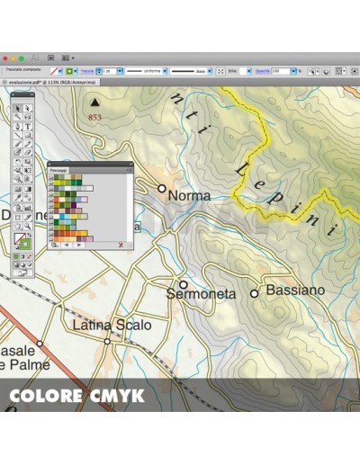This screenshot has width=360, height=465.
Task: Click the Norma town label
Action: [x=190, y=195]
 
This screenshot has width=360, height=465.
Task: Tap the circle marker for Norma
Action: [x=162, y=189]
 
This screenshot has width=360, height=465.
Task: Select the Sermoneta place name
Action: [x=201, y=294]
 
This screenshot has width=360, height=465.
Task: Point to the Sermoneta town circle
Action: [x=184, y=284]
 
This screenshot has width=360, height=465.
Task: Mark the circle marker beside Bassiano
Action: [x=255, y=293]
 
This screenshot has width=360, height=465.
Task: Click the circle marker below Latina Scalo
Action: [x=107, y=342]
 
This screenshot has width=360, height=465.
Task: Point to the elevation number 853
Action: [x=95, y=117]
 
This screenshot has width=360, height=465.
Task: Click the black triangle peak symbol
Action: [x=94, y=103]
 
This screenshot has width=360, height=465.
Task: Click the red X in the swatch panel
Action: [x=121, y=244]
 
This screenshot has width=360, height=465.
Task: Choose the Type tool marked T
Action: [x=29, y=126]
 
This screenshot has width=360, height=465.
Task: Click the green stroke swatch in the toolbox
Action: [x=24, y=244]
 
